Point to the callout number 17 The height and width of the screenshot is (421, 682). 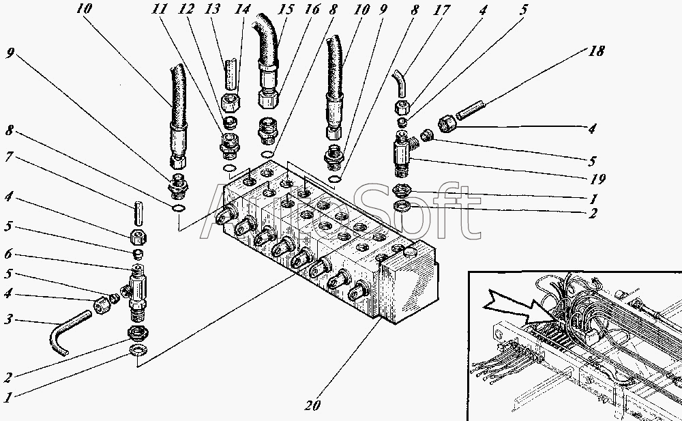pyautogui.click(x=443, y=10)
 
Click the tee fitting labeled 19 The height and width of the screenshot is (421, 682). pyautogui.click(x=402, y=154)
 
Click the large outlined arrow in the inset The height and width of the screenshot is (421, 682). pyautogui.click(x=518, y=304)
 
